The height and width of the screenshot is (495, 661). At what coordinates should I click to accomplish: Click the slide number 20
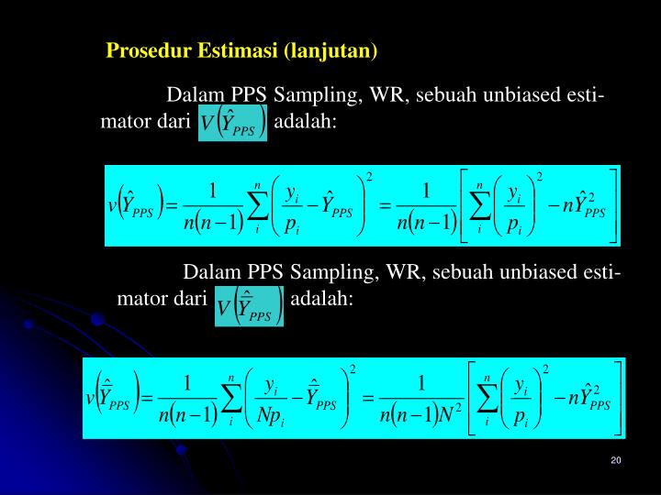pos(615,460)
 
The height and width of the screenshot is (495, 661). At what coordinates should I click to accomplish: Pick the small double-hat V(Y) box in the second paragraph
pos(250,303)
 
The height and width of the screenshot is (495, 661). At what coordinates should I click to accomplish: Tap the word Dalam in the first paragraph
pos(196,96)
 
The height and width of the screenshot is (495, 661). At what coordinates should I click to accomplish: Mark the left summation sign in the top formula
pos(257,206)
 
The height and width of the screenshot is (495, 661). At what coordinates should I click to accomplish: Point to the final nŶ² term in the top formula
pos(582,206)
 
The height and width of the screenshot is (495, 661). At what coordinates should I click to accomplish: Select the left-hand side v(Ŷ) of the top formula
pos(135,206)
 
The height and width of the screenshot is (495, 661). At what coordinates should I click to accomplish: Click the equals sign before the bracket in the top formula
pos(385,205)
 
